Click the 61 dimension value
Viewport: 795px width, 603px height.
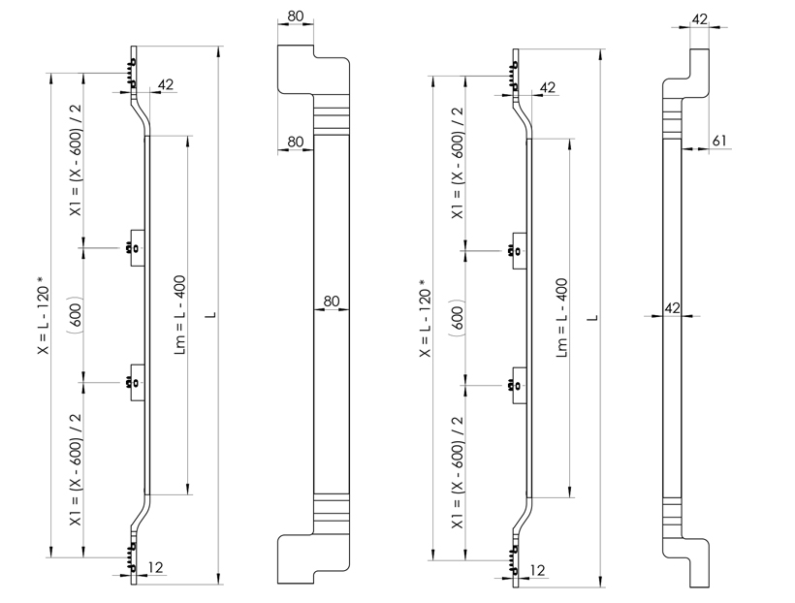pyautogui.click(x=719, y=141)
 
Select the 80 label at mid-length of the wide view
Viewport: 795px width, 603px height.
pyautogui.click(x=331, y=301)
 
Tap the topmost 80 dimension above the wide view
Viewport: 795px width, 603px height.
pyautogui.click(x=295, y=16)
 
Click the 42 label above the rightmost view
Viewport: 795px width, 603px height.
pyautogui.click(x=700, y=19)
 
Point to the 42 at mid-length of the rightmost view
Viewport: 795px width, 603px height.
pyautogui.click(x=672, y=308)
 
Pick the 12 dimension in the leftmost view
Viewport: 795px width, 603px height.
pyautogui.click(x=156, y=567)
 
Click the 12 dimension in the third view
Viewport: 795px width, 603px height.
pyautogui.click(x=537, y=571)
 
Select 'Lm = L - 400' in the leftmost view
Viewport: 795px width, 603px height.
pyautogui.click(x=180, y=315)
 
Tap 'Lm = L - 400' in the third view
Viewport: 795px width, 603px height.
pyautogui.click(x=561, y=318)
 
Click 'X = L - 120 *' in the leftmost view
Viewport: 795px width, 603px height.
pyautogui.click(x=44, y=315)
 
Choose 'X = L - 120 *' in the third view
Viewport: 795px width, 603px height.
pyautogui.click(x=425, y=318)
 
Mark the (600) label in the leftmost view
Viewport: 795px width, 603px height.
pyautogui.click(x=75, y=314)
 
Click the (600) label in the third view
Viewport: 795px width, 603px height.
pyautogui.click(x=457, y=318)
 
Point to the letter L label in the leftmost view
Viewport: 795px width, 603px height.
pyautogui.click(x=212, y=315)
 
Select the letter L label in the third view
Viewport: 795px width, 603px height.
pyautogui.click(x=593, y=318)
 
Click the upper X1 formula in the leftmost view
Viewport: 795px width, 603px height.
pyautogui.click(x=76, y=161)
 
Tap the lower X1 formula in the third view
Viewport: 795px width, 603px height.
pyautogui.click(x=458, y=472)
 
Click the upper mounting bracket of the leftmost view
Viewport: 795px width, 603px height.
pyautogui.click(x=137, y=248)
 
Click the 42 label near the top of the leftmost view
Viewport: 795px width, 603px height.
pyautogui.click(x=166, y=84)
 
